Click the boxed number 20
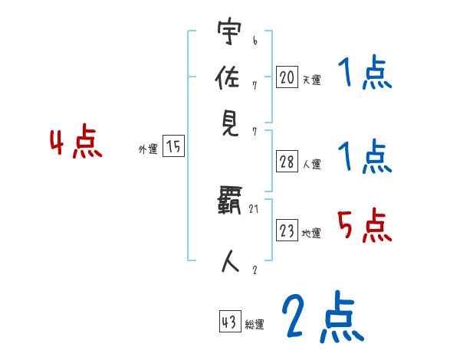pyautogui.click(x=287, y=77)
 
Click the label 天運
pyautogui.click(x=311, y=79)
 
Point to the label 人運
pyautogui.click(x=312, y=164)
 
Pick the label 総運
pyautogui.click(x=255, y=325)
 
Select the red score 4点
pyautogui.click(x=75, y=143)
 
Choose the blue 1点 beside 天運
pyautogui.click(x=364, y=74)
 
